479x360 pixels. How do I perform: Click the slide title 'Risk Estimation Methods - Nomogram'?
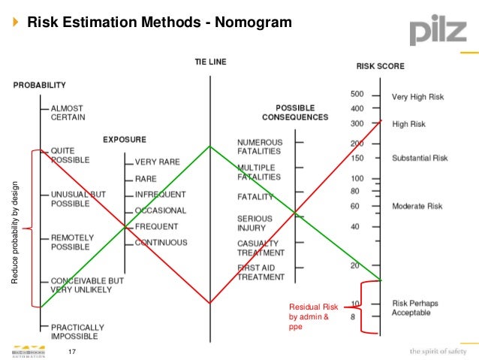(x=159, y=23)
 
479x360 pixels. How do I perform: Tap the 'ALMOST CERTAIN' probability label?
(x=68, y=113)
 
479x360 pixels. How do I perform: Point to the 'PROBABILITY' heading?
(x=44, y=86)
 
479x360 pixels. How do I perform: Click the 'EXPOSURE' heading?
(x=125, y=140)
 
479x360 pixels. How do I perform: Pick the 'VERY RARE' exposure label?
(x=157, y=162)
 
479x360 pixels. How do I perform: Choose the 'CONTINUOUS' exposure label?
(x=161, y=243)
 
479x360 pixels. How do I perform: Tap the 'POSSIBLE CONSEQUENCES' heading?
(x=294, y=112)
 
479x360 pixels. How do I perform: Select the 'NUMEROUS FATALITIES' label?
(x=260, y=147)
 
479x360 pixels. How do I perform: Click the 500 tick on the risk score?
(x=357, y=95)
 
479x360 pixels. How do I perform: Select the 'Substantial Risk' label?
(x=419, y=159)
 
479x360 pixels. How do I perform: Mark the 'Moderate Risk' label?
(x=417, y=206)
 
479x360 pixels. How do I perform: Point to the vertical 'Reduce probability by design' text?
(x=15, y=234)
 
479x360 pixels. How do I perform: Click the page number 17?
(x=73, y=352)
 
